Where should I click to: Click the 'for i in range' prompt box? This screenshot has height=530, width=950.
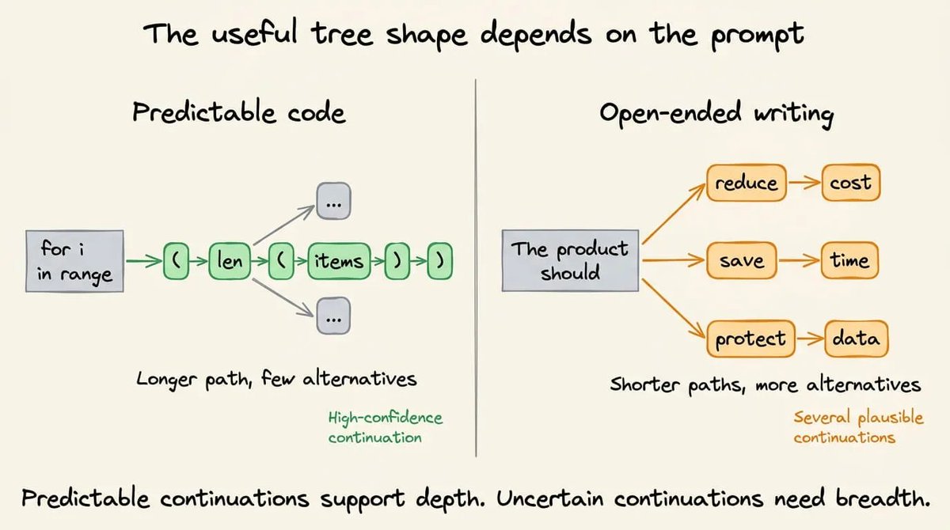tap(74, 261)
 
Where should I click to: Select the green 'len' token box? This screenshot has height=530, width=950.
tap(230, 261)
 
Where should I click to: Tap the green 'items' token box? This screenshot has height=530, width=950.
tap(339, 261)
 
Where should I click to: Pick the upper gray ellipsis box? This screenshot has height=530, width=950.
tap(334, 201)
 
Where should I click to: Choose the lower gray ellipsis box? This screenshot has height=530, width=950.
tap(334, 316)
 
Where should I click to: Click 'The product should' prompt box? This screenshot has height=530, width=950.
tap(570, 260)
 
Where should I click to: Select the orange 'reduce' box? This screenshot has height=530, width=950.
tap(747, 183)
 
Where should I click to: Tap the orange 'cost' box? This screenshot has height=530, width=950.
tap(851, 183)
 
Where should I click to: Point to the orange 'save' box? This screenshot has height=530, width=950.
tap(742, 260)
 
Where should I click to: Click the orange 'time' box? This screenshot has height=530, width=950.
tap(849, 260)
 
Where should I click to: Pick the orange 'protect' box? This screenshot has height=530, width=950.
tap(750, 339)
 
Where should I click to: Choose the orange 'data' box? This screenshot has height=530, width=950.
tap(857, 339)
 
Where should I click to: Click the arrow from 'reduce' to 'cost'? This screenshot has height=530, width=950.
tap(804, 183)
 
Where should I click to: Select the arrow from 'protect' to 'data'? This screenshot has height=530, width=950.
tap(810, 339)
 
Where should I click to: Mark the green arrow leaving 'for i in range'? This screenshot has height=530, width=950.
tap(144, 261)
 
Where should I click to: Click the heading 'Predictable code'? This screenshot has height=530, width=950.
tap(239, 112)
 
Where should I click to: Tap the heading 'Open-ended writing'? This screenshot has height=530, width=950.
tap(716, 114)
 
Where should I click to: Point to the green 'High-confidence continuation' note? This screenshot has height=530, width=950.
tap(385, 427)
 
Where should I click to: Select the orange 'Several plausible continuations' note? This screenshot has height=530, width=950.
tap(858, 427)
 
